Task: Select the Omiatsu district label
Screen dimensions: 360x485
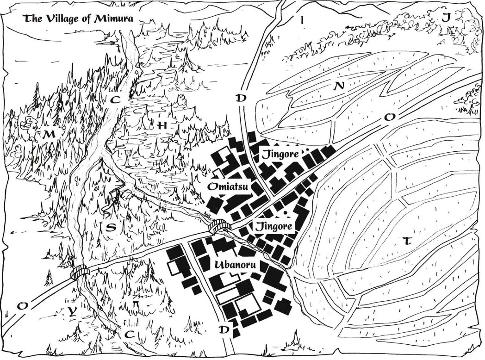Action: pyautogui.click(x=228, y=187)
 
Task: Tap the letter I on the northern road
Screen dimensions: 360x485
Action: pyautogui.click(x=302, y=20)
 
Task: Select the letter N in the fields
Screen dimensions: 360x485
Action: pyautogui.click(x=340, y=86)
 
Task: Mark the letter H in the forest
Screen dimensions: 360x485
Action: pyautogui.click(x=162, y=126)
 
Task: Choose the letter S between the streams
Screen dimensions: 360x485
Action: pyautogui.click(x=111, y=227)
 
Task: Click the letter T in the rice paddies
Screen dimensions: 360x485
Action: pyautogui.click(x=407, y=241)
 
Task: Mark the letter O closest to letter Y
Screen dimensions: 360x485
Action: pyautogui.click(x=21, y=306)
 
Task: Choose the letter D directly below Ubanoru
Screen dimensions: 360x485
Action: pyautogui.click(x=224, y=329)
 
